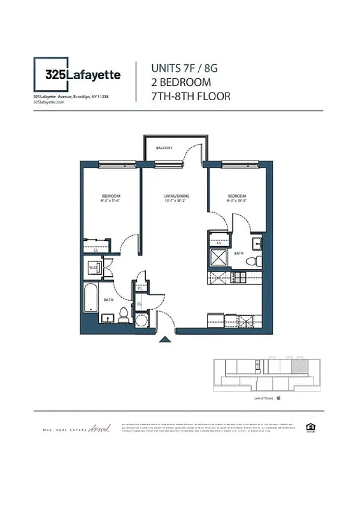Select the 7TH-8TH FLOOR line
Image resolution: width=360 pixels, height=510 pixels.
point(190,96)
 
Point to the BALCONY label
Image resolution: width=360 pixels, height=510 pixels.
point(164,148)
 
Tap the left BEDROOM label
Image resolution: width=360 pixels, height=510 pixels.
point(110,196)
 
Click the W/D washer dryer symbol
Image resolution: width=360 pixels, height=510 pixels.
point(93,268)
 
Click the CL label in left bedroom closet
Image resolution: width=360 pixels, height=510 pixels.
point(96,251)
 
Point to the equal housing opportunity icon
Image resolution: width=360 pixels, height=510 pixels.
point(310,426)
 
